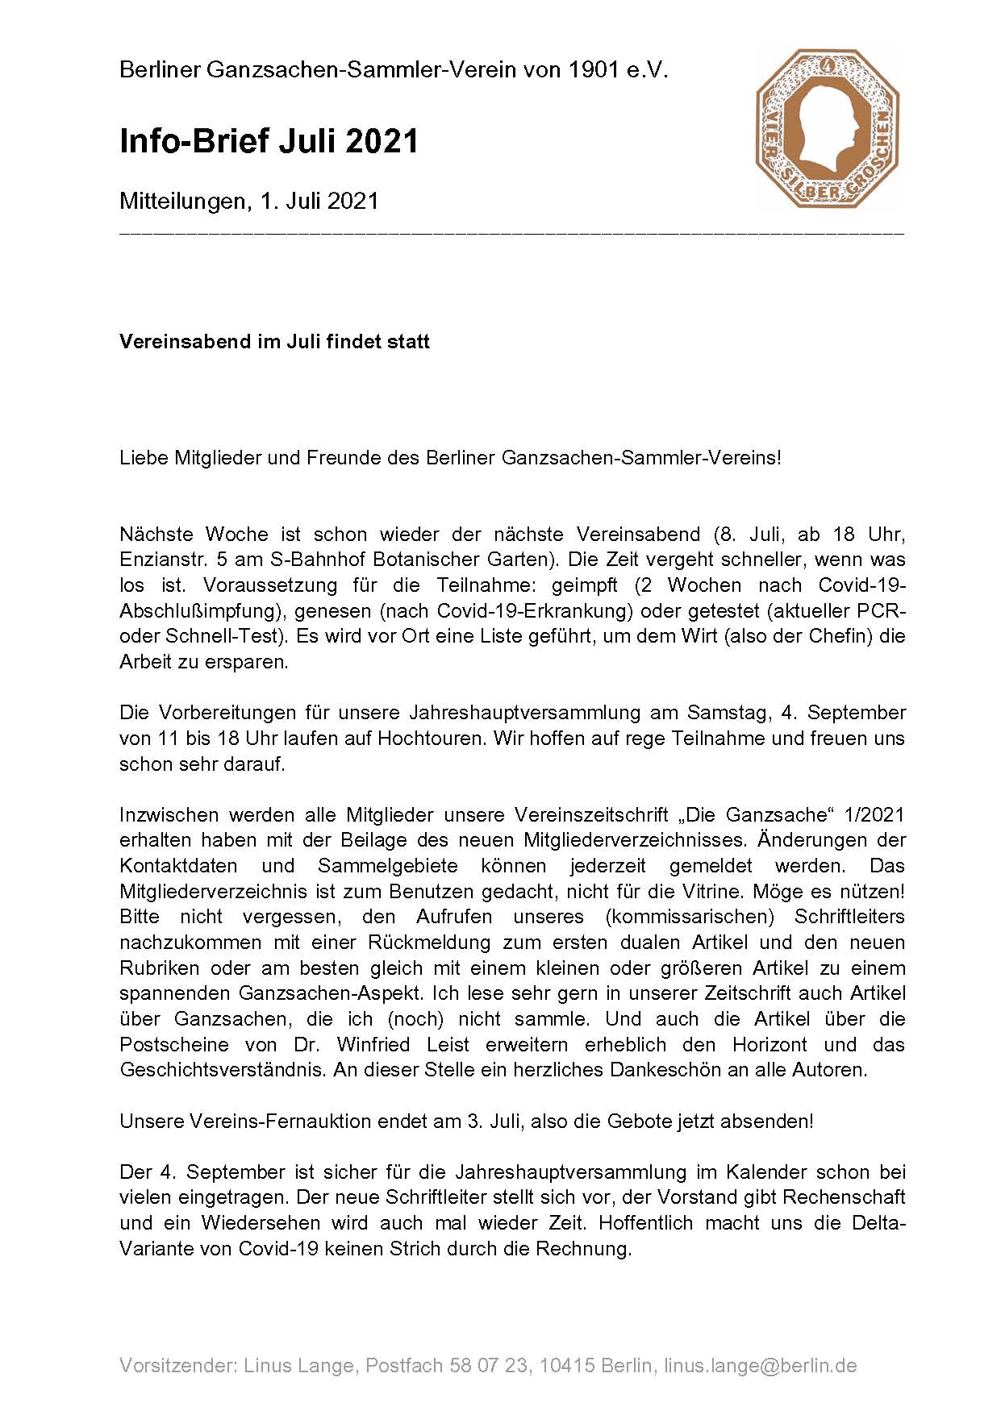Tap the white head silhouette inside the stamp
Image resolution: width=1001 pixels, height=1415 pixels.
824,121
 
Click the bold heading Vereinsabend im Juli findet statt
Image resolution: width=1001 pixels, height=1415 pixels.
274,342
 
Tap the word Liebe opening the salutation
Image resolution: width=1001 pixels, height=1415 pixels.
144,458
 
